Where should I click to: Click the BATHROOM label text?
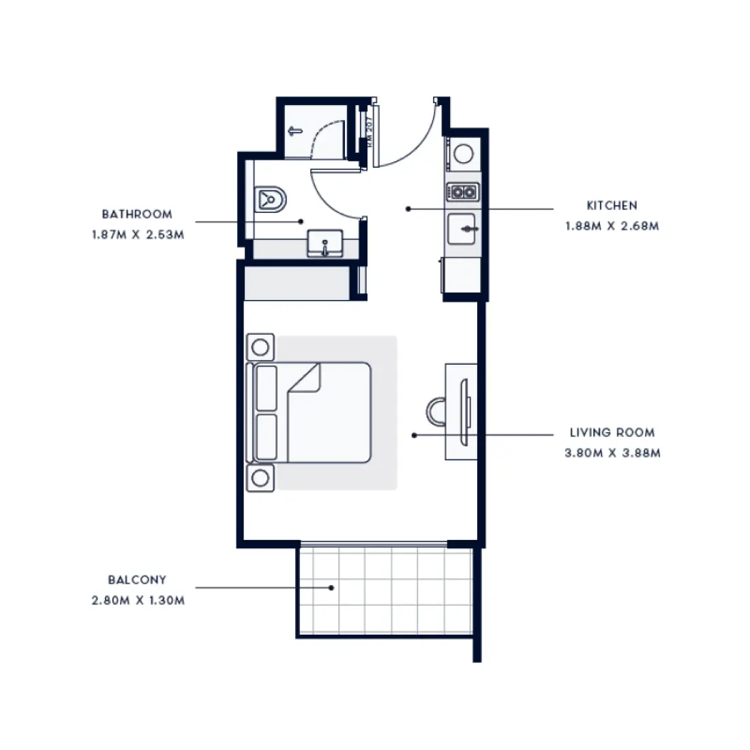click(x=137, y=214)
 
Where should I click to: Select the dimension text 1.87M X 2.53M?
click(x=138, y=235)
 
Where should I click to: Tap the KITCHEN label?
click(x=612, y=205)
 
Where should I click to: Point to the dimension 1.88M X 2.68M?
click(x=612, y=226)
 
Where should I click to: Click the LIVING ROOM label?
click(x=612, y=432)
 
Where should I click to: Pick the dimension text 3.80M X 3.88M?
click(x=612, y=453)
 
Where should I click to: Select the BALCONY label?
click(x=137, y=580)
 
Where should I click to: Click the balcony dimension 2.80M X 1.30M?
click(x=138, y=601)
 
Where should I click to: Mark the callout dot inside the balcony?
click(x=331, y=587)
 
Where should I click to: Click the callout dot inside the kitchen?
click(x=407, y=209)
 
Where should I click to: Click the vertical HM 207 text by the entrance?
click(x=369, y=132)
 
